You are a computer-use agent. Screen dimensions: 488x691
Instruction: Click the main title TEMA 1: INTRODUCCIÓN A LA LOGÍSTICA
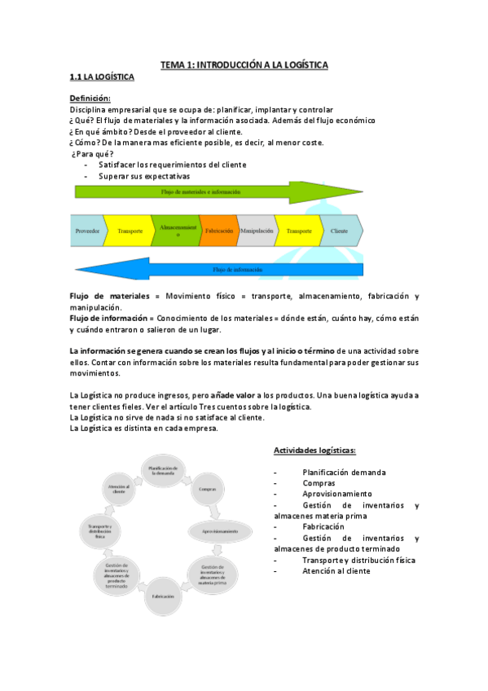pyautogui.click(x=244, y=64)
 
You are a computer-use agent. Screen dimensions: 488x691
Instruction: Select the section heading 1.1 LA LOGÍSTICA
pyautogui.click(x=101, y=77)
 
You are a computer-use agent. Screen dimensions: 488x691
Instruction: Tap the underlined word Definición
pyautogui.click(x=90, y=99)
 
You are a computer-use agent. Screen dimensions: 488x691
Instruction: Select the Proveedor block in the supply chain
pyautogui.click(x=86, y=231)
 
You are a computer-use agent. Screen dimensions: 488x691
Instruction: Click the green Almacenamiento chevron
pyautogui.click(x=174, y=230)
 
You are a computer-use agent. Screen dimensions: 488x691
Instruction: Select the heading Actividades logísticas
pyautogui.click(x=314, y=450)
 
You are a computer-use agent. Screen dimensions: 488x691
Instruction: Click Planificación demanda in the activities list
pyautogui.click(x=344, y=472)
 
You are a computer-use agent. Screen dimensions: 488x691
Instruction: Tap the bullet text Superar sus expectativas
pyautogui.click(x=144, y=175)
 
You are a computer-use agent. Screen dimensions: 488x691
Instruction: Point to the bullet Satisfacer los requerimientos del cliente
pyautogui.click(x=172, y=165)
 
